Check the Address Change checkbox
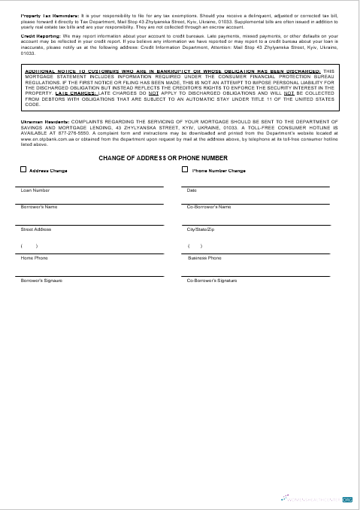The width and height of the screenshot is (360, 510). pos(23,170)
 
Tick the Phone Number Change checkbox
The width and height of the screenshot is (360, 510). pos(185,170)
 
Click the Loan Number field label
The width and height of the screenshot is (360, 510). pos(35,190)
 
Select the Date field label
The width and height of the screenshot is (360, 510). pos(192,190)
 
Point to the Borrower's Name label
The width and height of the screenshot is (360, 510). pos(39,206)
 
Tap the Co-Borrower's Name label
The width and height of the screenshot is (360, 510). pos(209,206)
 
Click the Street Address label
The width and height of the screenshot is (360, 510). pos(36,229)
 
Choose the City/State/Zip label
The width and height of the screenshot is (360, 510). pos(201,229)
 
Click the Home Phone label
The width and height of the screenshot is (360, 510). pos(35,258)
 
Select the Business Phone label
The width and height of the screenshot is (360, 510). pos(204,258)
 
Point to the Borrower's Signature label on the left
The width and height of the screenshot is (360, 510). pos(42,280)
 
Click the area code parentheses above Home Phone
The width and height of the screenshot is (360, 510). pos(29,246)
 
